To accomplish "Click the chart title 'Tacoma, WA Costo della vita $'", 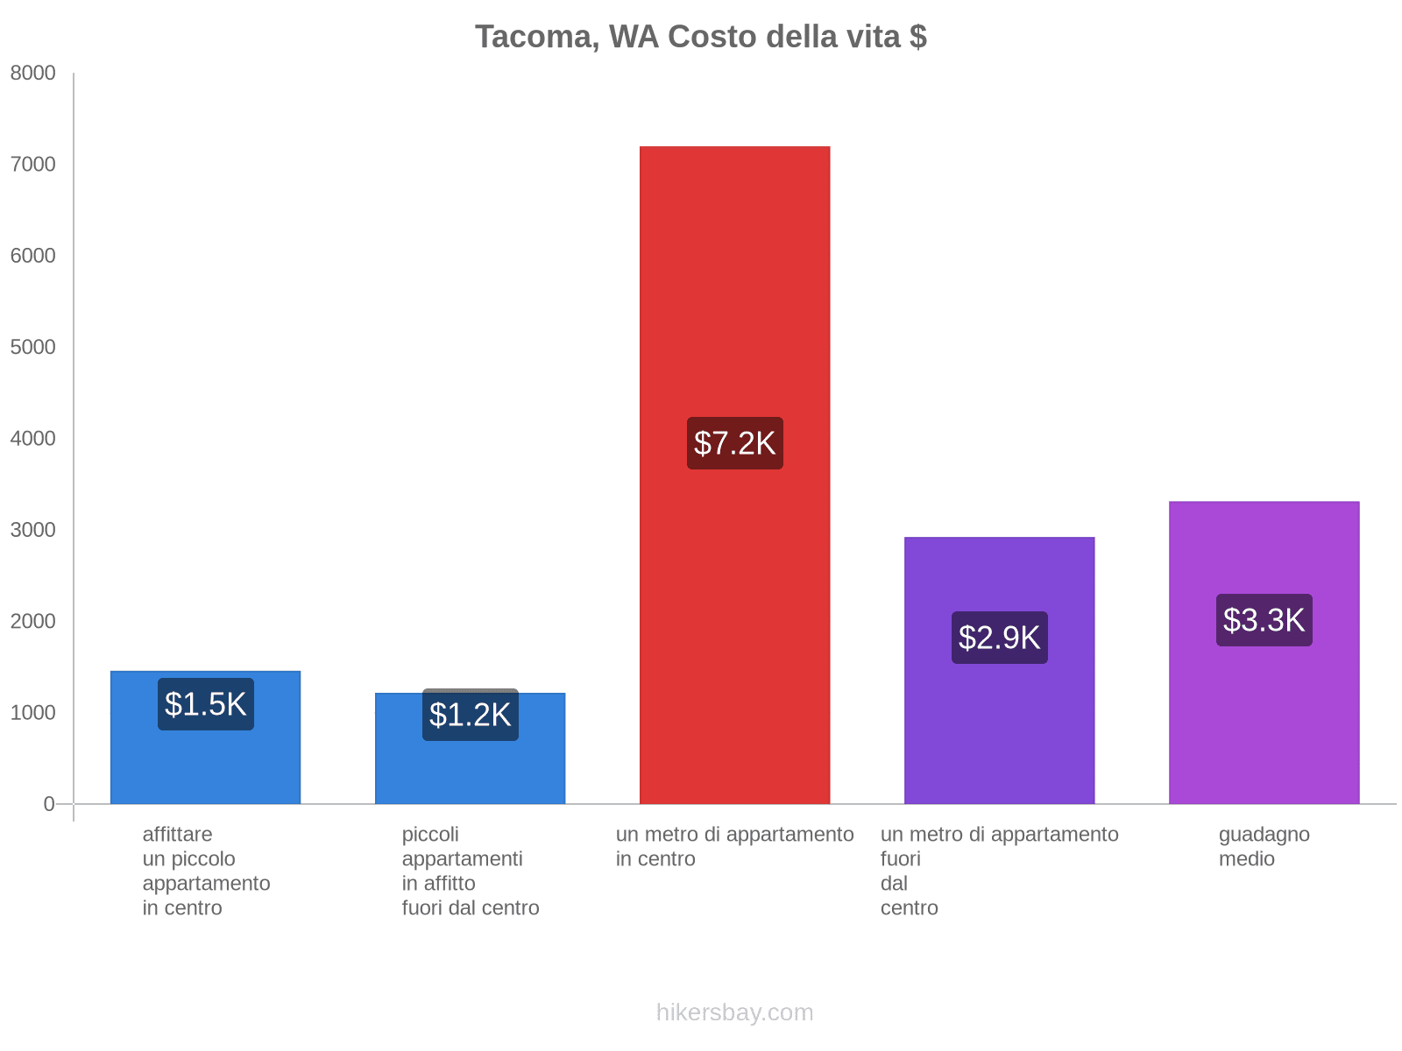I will click(700, 37).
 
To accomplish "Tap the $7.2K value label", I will click(734, 443).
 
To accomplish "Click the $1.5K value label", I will click(206, 704).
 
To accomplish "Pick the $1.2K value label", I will click(471, 715).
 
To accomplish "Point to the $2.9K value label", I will click(999, 638).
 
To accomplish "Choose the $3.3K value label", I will click(1264, 620).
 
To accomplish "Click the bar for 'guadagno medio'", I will click(1264, 718).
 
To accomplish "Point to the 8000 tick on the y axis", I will click(33, 74).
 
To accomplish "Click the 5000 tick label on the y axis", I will click(33, 348).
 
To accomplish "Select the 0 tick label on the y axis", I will click(49, 804).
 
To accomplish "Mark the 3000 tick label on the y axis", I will click(33, 530).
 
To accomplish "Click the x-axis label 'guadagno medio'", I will click(1264, 846).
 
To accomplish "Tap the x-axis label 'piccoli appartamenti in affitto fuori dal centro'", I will click(471, 871).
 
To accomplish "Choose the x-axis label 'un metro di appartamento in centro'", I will click(734, 846).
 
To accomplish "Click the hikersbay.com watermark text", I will click(734, 1012).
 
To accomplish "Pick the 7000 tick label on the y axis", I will click(33, 165).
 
